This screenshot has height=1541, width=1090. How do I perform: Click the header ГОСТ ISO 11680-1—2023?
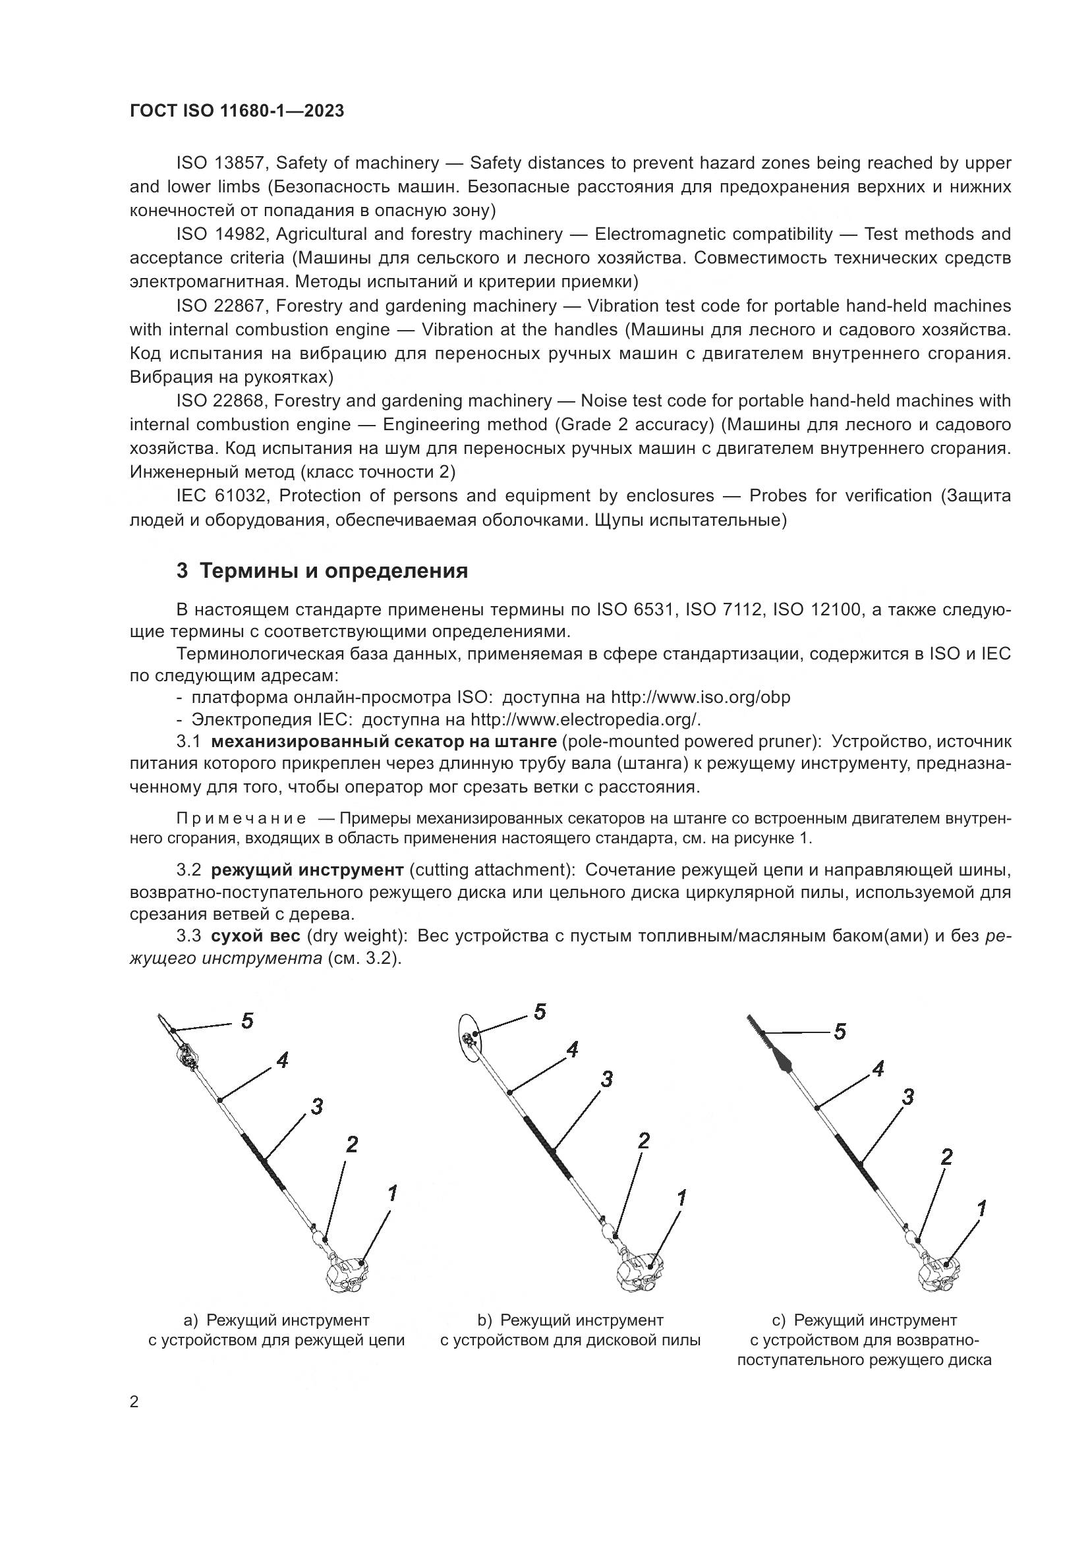click(237, 111)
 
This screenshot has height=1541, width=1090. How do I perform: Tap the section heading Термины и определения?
click(322, 571)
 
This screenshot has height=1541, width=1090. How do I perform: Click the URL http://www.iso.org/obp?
click(700, 697)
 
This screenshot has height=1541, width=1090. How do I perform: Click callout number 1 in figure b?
click(681, 1197)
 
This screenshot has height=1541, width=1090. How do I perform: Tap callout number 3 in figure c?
click(907, 1098)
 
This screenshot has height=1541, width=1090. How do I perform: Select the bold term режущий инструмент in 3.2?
click(307, 870)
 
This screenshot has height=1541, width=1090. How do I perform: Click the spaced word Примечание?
click(241, 819)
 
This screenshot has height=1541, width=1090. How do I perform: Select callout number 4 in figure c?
click(878, 1069)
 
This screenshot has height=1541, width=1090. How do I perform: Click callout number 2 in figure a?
click(352, 1144)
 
